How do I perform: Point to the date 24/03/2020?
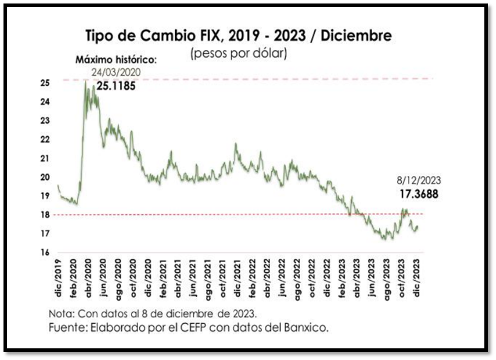[x=116, y=72]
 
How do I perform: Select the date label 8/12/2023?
[x=417, y=181]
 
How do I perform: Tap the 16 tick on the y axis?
[x=45, y=252]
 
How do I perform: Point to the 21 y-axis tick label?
[x=45, y=158]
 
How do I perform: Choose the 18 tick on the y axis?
[x=45, y=215]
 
